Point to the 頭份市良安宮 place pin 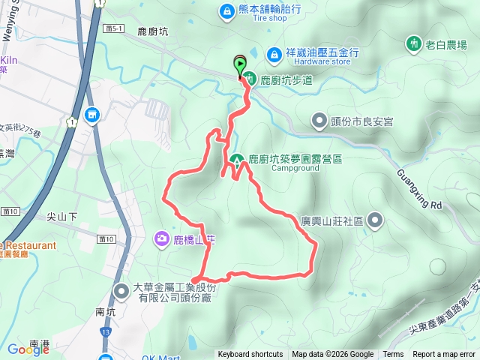[x=318, y=120]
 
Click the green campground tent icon [x=237, y=160]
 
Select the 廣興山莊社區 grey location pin [x=374, y=220]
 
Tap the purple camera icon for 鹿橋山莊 [x=161, y=238]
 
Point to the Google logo [x=28, y=349]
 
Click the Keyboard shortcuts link [x=250, y=355]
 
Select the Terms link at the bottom [x=393, y=355]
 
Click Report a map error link [x=444, y=355]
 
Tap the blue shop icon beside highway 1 [x=92, y=115]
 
